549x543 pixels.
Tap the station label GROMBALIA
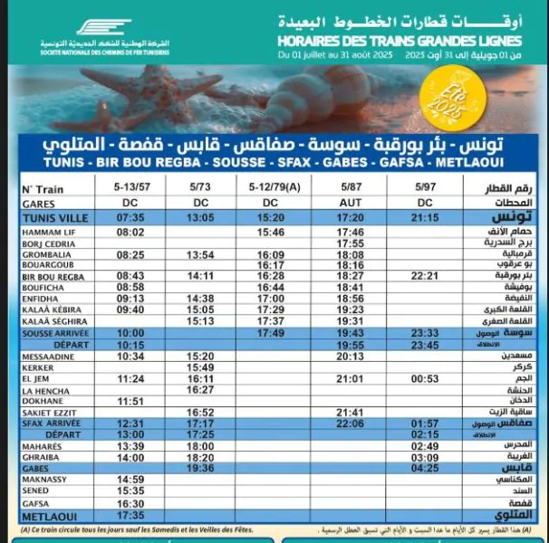[43, 254]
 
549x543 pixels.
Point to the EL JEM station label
[34, 378]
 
